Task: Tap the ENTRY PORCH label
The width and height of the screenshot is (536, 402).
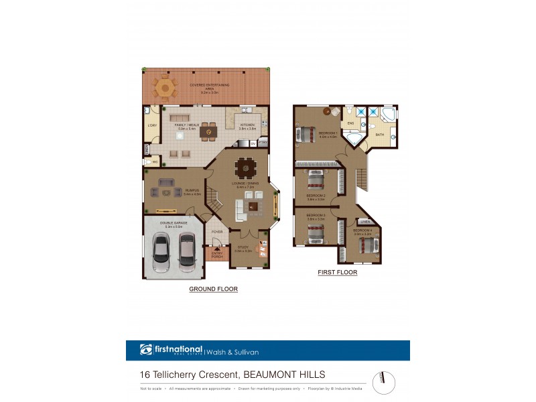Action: click(x=216, y=255)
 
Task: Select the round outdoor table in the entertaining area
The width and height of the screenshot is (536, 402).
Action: click(x=164, y=87)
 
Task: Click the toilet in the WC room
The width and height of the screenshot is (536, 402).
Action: click(x=147, y=161)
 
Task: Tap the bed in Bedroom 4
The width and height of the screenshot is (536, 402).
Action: click(x=367, y=245)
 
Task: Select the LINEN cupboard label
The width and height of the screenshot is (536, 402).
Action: click(x=365, y=222)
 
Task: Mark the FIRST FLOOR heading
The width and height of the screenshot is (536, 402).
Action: click(x=337, y=273)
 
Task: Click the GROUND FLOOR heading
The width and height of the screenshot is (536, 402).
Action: click(x=213, y=289)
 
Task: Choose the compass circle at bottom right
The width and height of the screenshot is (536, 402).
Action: click(x=384, y=383)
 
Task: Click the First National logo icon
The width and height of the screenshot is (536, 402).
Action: click(x=146, y=350)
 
